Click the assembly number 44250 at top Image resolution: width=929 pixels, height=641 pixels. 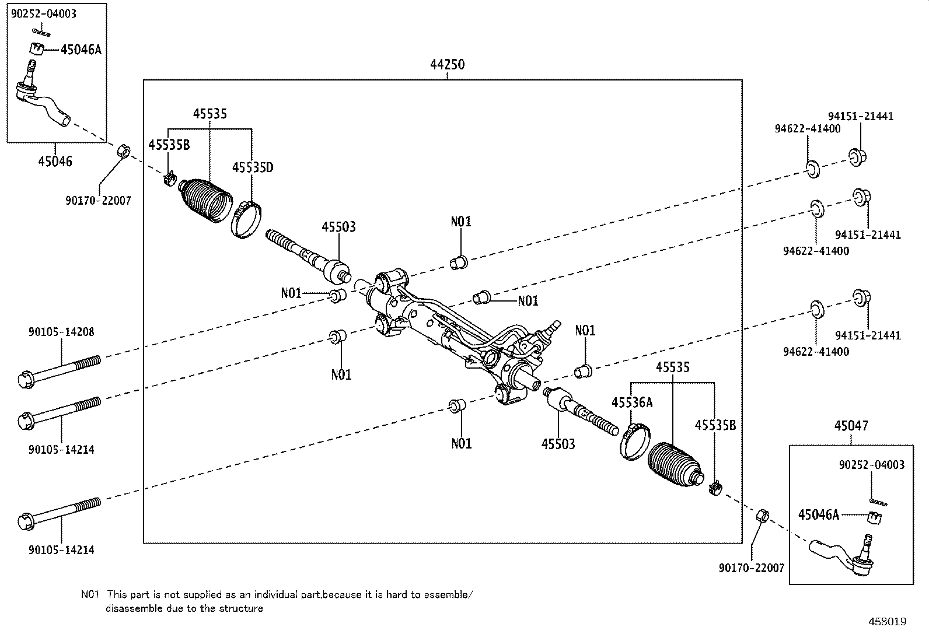[x=447, y=65]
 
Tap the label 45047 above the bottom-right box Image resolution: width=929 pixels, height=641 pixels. [x=850, y=426]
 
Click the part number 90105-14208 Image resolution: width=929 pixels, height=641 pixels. [x=61, y=332]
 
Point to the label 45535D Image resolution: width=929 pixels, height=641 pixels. [x=252, y=167]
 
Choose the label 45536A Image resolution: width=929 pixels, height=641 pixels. [x=631, y=402]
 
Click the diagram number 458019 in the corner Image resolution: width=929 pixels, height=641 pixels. [x=887, y=622]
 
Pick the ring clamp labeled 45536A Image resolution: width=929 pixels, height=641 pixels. [x=631, y=442]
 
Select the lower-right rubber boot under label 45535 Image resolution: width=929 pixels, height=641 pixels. [x=674, y=464]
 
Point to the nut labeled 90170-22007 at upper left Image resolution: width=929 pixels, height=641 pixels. [x=124, y=150]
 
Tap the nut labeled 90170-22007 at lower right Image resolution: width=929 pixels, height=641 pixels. [x=762, y=516]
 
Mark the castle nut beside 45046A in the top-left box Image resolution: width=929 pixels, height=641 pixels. [x=37, y=48]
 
